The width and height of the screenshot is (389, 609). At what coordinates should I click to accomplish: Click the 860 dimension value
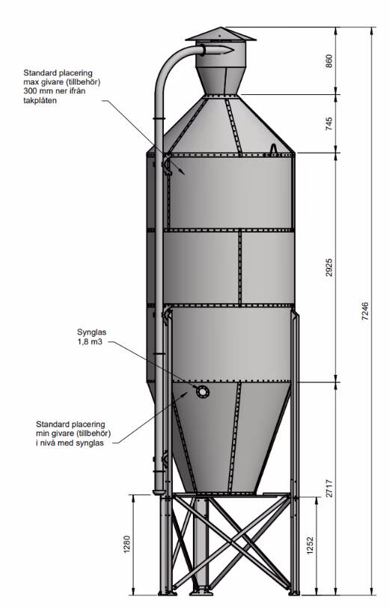[329, 61]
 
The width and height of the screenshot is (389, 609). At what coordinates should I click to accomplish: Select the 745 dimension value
[329, 123]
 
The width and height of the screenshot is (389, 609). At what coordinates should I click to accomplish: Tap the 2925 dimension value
[329, 267]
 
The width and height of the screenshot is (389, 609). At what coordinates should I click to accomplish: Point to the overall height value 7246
[365, 311]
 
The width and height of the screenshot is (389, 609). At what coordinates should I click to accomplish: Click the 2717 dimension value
[329, 489]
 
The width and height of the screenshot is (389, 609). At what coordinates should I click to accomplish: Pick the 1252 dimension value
[310, 545]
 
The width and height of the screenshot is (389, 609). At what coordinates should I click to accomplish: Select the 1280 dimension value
[127, 545]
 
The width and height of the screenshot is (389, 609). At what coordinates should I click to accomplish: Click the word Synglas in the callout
[91, 332]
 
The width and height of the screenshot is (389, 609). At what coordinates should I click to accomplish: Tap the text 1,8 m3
[90, 342]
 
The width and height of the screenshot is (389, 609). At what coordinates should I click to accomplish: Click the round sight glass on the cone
[202, 392]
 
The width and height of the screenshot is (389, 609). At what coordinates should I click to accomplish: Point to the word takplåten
[40, 100]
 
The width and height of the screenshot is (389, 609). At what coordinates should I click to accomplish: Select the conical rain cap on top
[221, 34]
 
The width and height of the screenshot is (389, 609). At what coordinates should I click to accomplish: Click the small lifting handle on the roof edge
[274, 149]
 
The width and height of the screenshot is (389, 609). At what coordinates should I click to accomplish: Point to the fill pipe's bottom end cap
[159, 492]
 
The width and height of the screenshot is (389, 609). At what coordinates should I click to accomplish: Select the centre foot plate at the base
[201, 593]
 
